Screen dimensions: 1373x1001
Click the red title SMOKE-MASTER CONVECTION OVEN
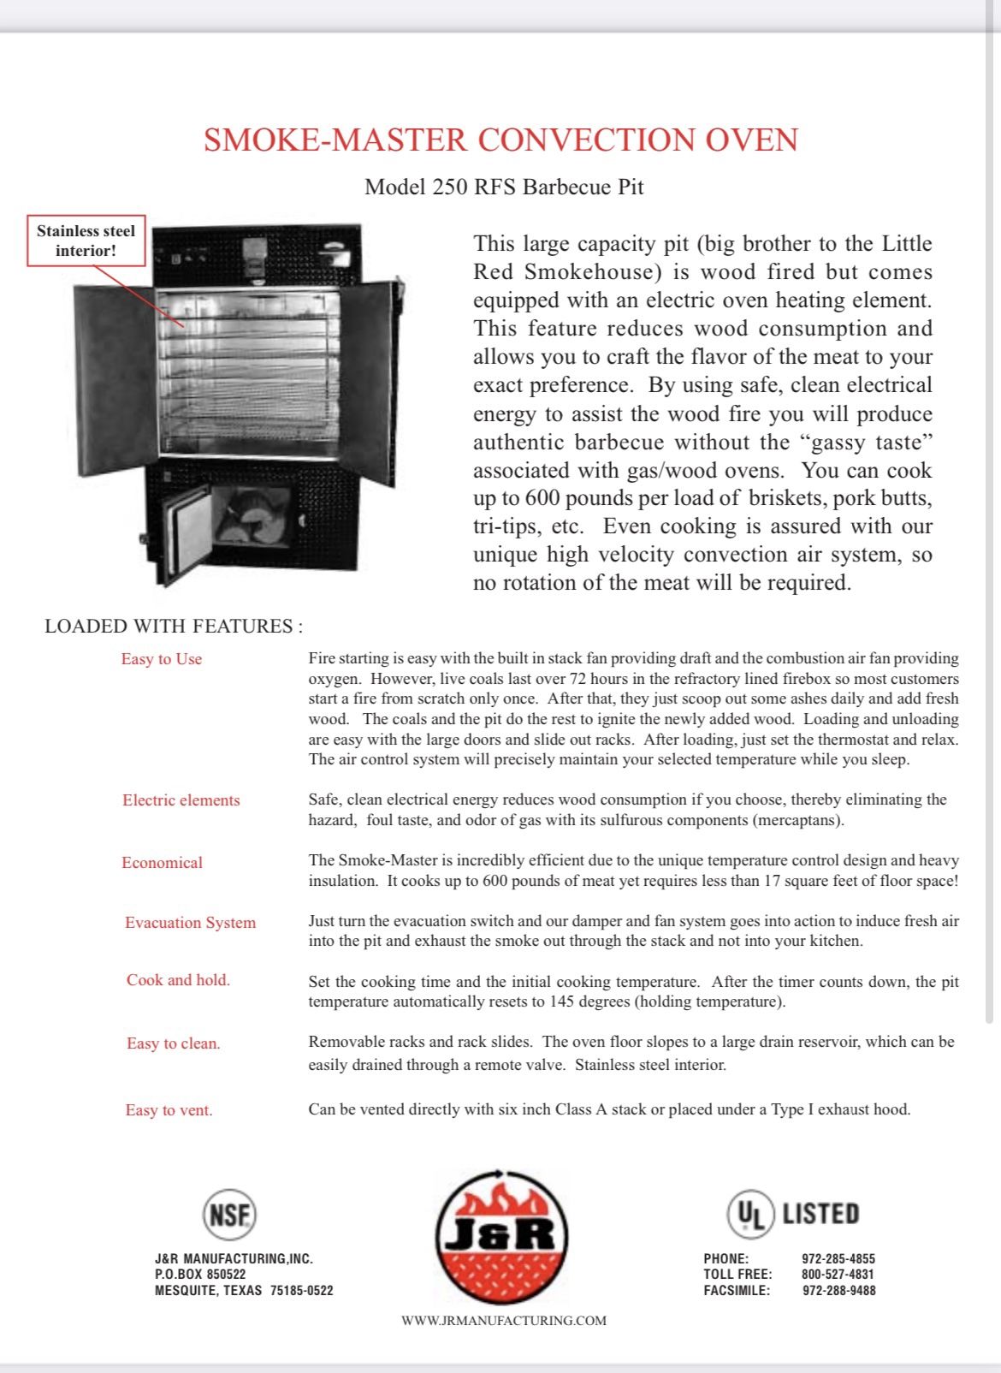pos(500,140)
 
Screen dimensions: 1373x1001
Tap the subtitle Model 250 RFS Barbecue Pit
pos(504,187)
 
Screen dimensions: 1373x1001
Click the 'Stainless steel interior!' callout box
pos(86,241)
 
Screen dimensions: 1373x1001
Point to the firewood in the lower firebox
pos(252,517)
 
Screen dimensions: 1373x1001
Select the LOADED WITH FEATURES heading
pos(174,626)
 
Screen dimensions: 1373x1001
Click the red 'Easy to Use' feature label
pos(162,659)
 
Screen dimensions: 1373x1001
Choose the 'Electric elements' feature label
pos(181,800)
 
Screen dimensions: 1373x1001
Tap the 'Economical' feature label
pos(163,863)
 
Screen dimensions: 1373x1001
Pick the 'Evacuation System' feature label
pos(191,923)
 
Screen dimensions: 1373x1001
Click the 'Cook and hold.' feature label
pos(179,980)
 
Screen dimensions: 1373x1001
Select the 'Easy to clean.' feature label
pos(174,1043)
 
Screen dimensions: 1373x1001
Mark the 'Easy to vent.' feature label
pos(169,1110)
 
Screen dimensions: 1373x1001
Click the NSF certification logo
pos(229,1214)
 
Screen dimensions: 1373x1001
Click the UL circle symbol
pos(750,1214)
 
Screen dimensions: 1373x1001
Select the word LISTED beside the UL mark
pos(820,1214)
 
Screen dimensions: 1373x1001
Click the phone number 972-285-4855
pos(838,1258)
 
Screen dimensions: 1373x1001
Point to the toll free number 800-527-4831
pos(838,1274)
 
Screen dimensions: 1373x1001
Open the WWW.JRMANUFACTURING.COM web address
pos(504,1321)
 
